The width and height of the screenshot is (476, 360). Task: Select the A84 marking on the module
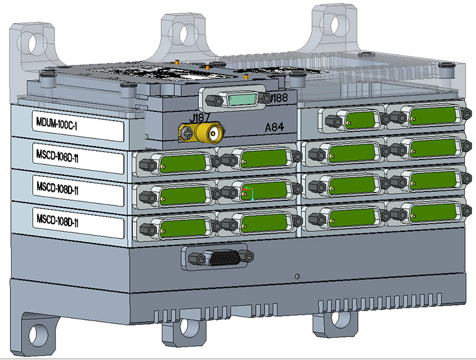coord(274,127)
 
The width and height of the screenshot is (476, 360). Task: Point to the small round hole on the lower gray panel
coord(298,276)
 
